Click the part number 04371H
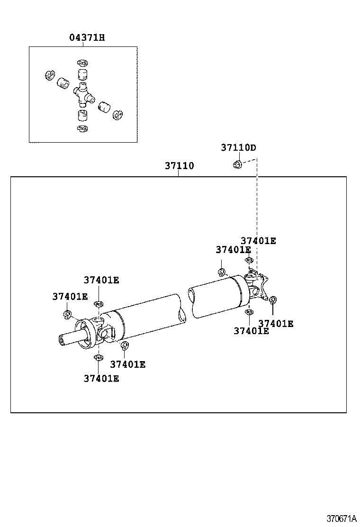tap(87, 37)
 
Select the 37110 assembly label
tap(179, 166)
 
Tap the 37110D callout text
tap(238, 147)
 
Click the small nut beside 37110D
tap(238, 164)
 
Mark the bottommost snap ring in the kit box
tap(82, 129)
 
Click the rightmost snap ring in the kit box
tap(117, 114)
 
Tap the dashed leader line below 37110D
tap(257, 213)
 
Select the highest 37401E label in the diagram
tap(258, 241)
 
